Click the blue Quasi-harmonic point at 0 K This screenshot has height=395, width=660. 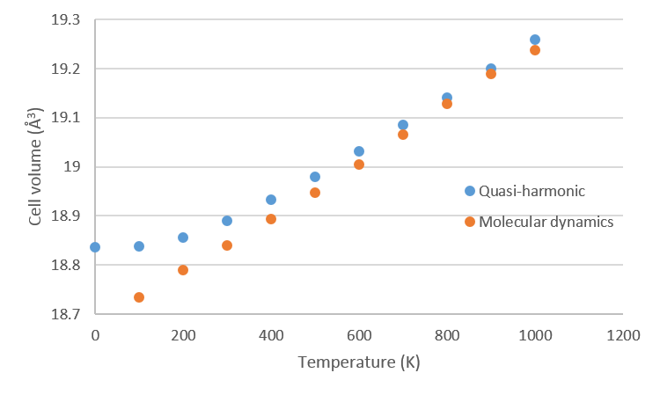(95, 247)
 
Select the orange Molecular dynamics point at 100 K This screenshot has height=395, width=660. (139, 297)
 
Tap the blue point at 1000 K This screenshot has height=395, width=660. (535, 40)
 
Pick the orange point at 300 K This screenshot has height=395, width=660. (227, 245)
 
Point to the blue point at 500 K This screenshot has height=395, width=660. (315, 177)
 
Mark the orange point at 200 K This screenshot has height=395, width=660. (183, 270)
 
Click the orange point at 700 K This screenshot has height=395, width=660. (403, 135)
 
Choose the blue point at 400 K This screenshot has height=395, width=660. (271, 200)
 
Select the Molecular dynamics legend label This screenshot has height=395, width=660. (546, 222)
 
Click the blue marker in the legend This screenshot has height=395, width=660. (470, 191)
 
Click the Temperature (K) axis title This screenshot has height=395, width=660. (358, 362)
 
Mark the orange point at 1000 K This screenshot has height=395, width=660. (535, 50)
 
